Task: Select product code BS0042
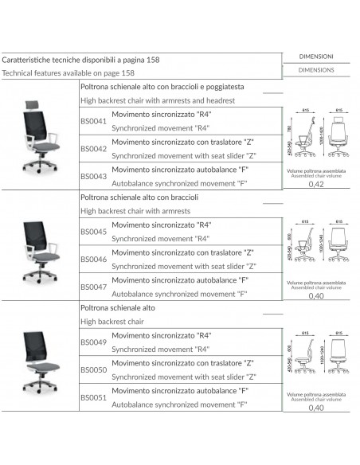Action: pyautogui.click(x=94, y=148)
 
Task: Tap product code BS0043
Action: pyautogui.click(x=94, y=176)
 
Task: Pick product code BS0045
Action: pyautogui.click(x=94, y=232)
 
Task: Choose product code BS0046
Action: pyautogui.click(x=94, y=260)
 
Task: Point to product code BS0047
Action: pyautogui.click(x=94, y=287)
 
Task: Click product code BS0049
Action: pyautogui.click(x=94, y=342)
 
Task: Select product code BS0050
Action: pyautogui.click(x=94, y=369)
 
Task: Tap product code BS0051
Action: pyautogui.click(x=94, y=397)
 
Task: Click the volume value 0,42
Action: pyautogui.click(x=315, y=185)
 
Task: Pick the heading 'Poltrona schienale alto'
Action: pyautogui.click(x=117, y=306)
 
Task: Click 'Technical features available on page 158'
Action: pyautogui.click(x=68, y=72)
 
